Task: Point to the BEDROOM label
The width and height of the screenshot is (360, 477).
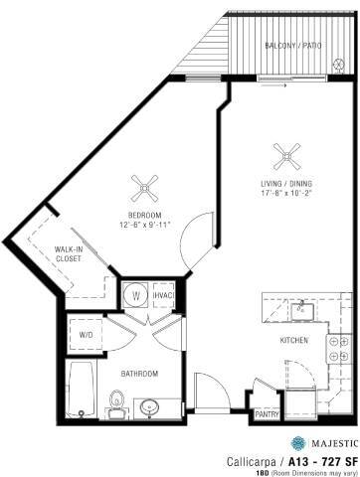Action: tap(145, 214)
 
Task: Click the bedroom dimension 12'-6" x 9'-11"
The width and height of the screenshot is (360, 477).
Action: tap(146, 225)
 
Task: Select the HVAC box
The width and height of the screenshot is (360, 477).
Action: tap(163, 295)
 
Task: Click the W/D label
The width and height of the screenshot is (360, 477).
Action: tap(86, 335)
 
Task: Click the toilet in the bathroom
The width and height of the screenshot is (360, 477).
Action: tap(116, 402)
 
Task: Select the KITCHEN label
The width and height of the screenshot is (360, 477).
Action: tap(293, 341)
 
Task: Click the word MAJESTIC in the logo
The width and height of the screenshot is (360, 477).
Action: tap(328, 443)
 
